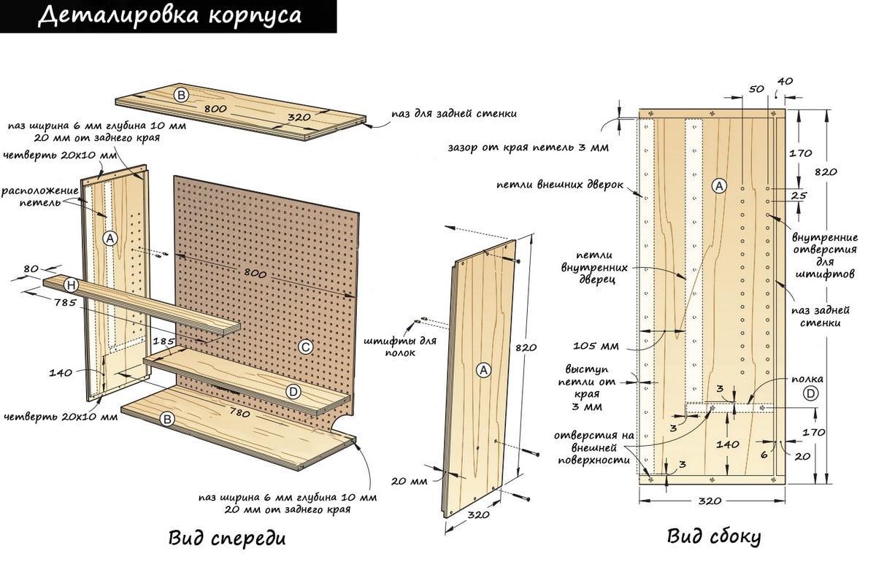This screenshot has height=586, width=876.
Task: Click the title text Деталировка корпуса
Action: [x=169, y=15]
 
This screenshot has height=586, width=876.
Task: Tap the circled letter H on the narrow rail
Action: [x=72, y=285]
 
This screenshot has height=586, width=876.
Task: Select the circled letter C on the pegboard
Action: [x=305, y=347]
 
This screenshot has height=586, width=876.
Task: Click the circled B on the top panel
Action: [x=181, y=95]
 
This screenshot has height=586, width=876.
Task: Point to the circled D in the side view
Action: [x=810, y=393]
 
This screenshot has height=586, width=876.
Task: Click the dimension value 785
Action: [x=65, y=303]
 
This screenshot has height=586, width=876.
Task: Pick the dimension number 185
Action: [x=164, y=342]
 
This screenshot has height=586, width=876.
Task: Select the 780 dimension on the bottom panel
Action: [x=239, y=413]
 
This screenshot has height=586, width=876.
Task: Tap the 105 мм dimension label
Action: [x=596, y=346]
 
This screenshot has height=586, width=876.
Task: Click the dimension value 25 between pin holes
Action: [x=798, y=195]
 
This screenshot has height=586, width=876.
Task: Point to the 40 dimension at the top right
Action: [x=785, y=81]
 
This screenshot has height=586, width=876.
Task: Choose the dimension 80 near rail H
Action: [x=31, y=269]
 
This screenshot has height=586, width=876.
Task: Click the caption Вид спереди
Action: [x=227, y=539]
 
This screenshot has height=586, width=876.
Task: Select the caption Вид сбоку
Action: [x=714, y=537]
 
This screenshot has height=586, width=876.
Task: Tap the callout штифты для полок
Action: [x=400, y=347]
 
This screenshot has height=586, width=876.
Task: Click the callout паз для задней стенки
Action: [x=454, y=114]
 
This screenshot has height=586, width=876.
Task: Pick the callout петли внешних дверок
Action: [x=560, y=185]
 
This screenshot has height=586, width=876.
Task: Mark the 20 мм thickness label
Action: [x=409, y=481]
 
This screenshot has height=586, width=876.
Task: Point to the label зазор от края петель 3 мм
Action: [x=529, y=147]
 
